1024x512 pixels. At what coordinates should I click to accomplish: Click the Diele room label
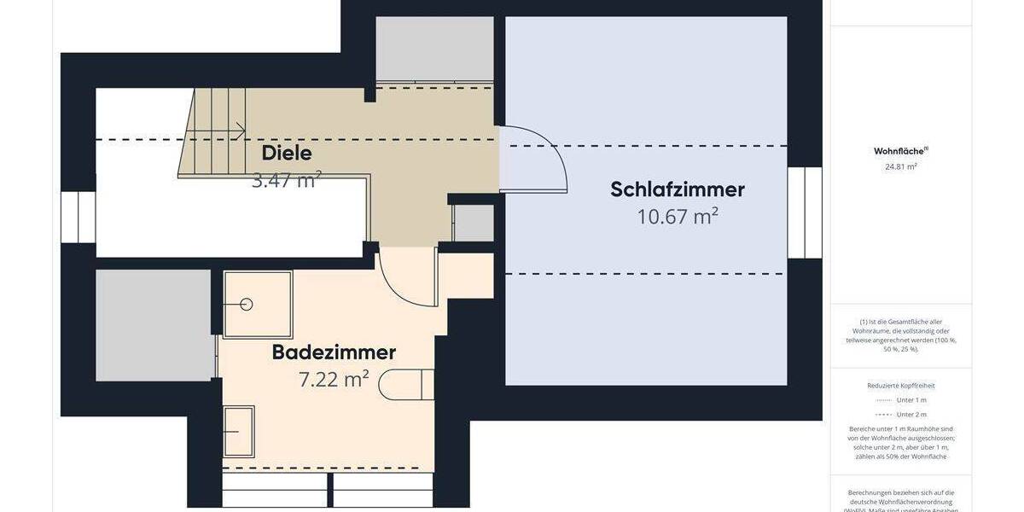tap(287, 154)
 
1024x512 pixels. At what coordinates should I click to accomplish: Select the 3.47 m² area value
tap(287, 180)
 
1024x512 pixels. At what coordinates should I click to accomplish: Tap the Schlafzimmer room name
tap(678, 189)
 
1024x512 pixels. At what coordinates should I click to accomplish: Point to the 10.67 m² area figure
tap(678, 217)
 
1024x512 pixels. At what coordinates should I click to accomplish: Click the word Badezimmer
tap(334, 352)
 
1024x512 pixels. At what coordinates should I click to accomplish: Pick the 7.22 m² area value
tap(334, 380)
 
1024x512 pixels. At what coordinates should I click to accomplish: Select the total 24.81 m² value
tap(900, 167)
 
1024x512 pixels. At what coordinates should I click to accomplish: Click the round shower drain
tap(247, 305)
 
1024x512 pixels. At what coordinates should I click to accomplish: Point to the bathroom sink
tap(239, 432)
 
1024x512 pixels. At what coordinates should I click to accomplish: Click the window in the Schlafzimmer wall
tap(805, 212)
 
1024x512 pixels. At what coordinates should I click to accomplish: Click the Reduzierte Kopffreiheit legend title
tap(900, 386)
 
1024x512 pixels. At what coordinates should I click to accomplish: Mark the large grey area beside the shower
tap(154, 325)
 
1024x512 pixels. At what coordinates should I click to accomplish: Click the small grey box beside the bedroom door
tap(474, 223)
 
